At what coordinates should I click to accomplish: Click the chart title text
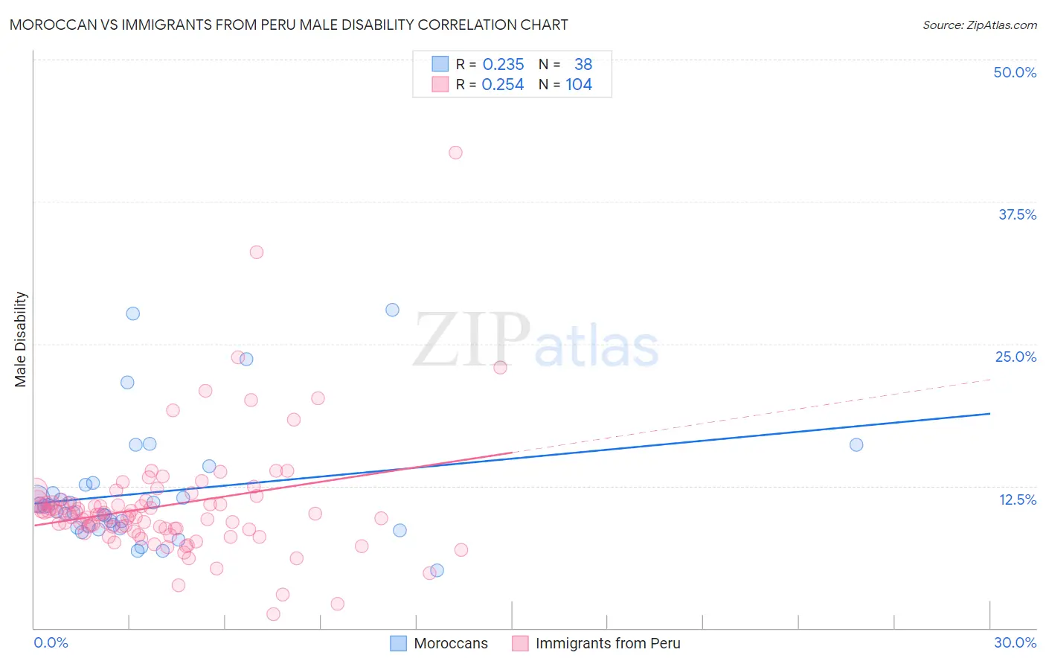[289, 25]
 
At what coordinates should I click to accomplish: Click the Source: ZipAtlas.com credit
[979, 25]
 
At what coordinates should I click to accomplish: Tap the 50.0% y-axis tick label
[1015, 72]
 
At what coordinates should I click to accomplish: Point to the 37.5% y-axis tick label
[1017, 214]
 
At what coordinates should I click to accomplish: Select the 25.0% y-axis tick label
[1015, 357]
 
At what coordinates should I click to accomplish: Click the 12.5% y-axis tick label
[1017, 499]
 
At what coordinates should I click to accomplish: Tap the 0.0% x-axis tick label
[51, 642]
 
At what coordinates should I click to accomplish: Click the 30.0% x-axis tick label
[1015, 642]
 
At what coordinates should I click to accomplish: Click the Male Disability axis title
[21, 339]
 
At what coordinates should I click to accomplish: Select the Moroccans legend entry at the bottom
[440, 643]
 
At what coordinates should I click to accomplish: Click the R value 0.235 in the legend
[503, 65]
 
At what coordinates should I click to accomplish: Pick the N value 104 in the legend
[579, 85]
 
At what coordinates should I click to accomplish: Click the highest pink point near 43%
[455, 153]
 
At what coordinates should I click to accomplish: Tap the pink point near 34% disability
[257, 252]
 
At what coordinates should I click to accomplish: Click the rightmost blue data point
[856, 444]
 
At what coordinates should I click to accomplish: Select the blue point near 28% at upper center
[392, 310]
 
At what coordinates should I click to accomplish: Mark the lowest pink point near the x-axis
[273, 614]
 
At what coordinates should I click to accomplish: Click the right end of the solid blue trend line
[989, 413]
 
